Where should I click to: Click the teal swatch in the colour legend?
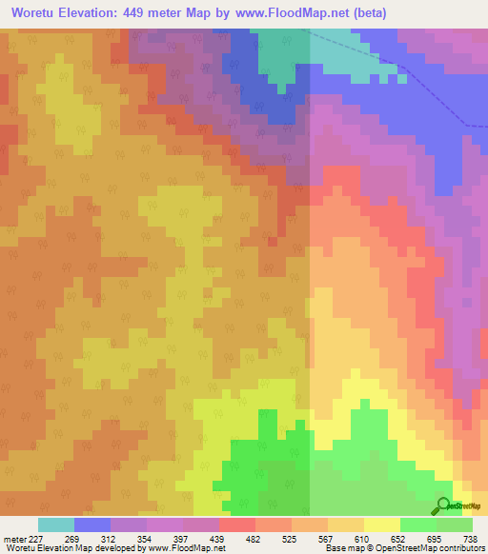[56, 524]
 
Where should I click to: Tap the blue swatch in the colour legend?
[92, 524]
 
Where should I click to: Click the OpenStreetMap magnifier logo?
[443, 506]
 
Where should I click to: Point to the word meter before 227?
[16, 538]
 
